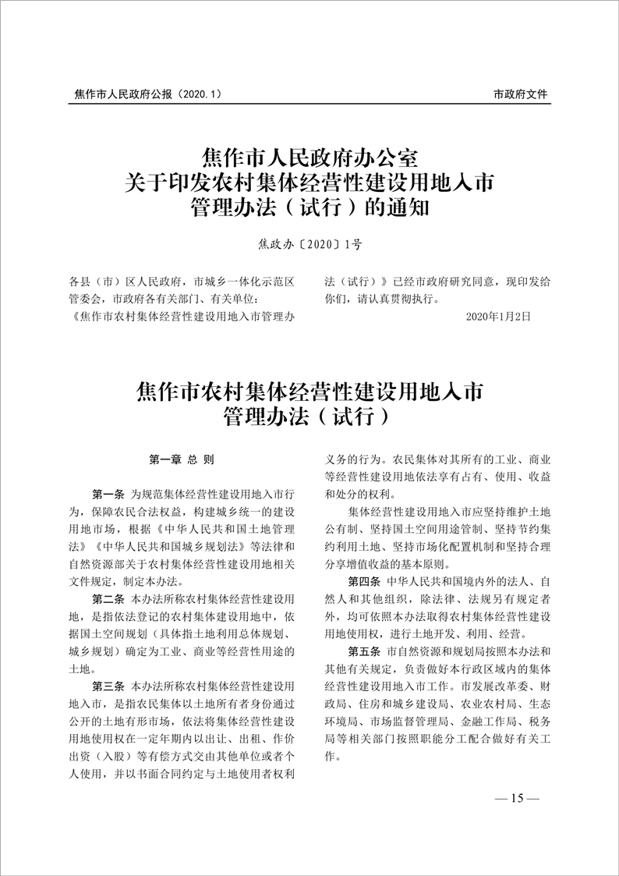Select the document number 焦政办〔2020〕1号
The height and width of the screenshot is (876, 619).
[309, 245]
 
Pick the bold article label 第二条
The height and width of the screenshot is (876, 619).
[108, 598]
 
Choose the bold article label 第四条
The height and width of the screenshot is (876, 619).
[364, 581]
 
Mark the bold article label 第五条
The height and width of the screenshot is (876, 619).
[364, 651]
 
